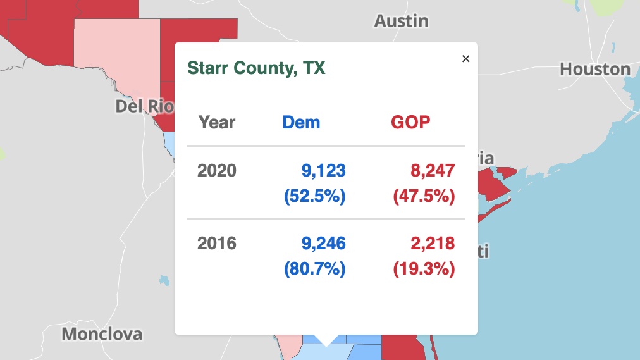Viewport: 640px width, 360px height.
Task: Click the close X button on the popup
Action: (466, 59)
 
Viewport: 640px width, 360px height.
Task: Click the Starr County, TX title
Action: (256, 68)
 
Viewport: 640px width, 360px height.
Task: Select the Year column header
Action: (217, 122)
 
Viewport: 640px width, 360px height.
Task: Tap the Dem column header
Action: (301, 122)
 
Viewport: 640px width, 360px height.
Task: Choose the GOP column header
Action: (410, 122)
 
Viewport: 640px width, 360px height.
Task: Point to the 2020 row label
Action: (217, 170)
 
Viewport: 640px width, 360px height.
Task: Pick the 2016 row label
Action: (217, 243)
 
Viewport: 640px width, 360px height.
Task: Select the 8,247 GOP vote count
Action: (431, 170)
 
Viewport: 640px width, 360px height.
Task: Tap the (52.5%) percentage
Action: (315, 197)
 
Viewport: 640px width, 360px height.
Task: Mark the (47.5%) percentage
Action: (424, 197)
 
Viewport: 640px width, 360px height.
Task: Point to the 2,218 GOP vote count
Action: (431, 243)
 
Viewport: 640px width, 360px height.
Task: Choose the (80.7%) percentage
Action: (315, 270)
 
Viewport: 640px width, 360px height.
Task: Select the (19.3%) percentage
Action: (424, 270)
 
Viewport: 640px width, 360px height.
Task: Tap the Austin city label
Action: (401, 21)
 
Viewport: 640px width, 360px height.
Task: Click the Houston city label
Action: (595, 69)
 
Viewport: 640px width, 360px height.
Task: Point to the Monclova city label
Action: (102, 333)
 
